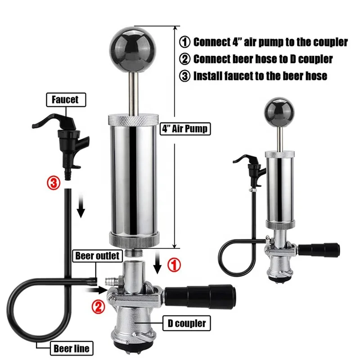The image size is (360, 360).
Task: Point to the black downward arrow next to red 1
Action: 157,264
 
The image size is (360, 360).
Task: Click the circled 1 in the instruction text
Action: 184,42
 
